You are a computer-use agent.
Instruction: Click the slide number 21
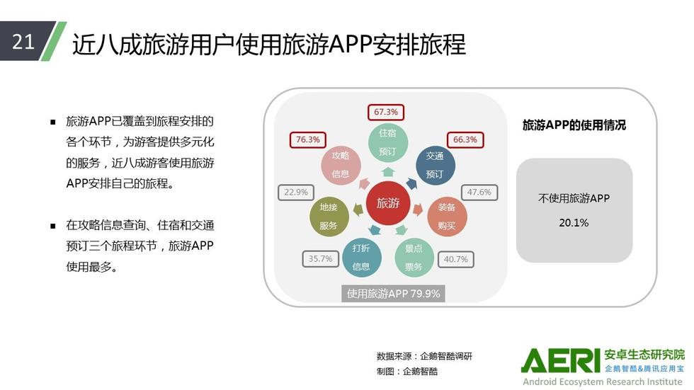[23, 42]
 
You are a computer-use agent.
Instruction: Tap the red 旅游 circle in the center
[388, 203]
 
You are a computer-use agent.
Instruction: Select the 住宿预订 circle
[388, 142]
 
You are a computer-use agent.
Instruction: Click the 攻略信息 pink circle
[341, 165]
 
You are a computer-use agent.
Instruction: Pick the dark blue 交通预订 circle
[435, 166]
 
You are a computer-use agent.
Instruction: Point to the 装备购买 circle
[447, 216]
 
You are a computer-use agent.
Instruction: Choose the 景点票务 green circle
[414, 258]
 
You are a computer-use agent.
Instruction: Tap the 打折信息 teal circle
[361, 258]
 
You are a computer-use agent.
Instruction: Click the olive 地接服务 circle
[329, 216]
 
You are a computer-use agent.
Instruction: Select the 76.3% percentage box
[307, 139]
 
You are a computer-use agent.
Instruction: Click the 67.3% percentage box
[386, 113]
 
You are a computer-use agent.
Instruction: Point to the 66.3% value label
[465, 139]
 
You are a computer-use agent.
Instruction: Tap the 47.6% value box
[479, 193]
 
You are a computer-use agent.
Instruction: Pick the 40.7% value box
[456, 259]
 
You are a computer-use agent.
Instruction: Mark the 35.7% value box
[320, 258]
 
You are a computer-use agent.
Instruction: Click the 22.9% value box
[296, 193]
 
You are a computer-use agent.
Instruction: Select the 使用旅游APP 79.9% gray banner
[393, 294]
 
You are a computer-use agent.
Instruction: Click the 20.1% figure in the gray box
[574, 223]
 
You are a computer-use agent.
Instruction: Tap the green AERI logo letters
[561, 360]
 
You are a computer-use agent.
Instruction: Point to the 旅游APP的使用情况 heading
[574, 125]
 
